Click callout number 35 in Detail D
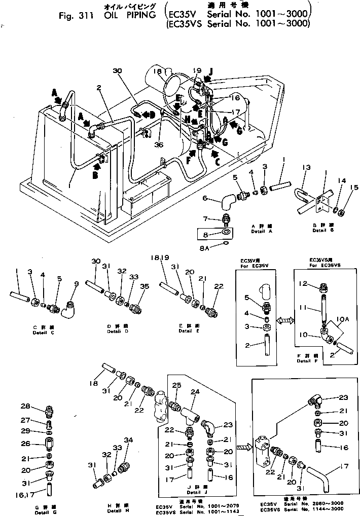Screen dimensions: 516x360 coord(145,286)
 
